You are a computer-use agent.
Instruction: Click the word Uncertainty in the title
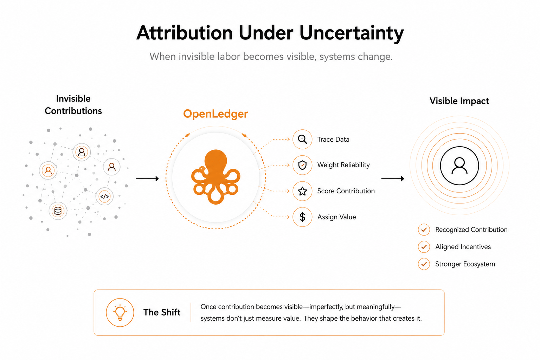[x=352, y=33]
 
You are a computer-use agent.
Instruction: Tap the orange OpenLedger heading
[x=216, y=114]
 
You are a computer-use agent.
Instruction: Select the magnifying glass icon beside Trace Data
[x=302, y=139]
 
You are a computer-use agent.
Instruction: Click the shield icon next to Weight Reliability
[x=302, y=165]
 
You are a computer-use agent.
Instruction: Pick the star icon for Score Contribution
[x=302, y=191]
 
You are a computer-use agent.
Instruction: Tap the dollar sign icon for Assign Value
[x=302, y=217]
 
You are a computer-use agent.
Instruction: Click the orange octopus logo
[x=216, y=177]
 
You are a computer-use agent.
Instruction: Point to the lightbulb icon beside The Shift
[x=120, y=313]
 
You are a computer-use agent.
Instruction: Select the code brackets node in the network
[x=104, y=197]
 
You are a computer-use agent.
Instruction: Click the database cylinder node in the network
[x=58, y=211]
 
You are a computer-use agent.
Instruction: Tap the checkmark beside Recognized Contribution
[x=424, y=230]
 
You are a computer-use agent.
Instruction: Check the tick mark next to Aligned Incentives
[x=424, y=247]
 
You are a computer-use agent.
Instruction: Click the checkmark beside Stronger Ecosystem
[x=424, y=264]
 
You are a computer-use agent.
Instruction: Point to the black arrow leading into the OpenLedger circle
[x=147, y=179]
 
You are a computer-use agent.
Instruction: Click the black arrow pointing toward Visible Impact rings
[x=393, y=179]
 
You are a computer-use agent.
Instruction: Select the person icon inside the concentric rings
[x=459, y=166]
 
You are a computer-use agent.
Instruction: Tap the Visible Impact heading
[x=459, y=101]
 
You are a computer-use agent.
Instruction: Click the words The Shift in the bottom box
[x=162, y=312]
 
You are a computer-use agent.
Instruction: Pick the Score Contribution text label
[x=346, y=191]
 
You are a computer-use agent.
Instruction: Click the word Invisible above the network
[x=73, y=99]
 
